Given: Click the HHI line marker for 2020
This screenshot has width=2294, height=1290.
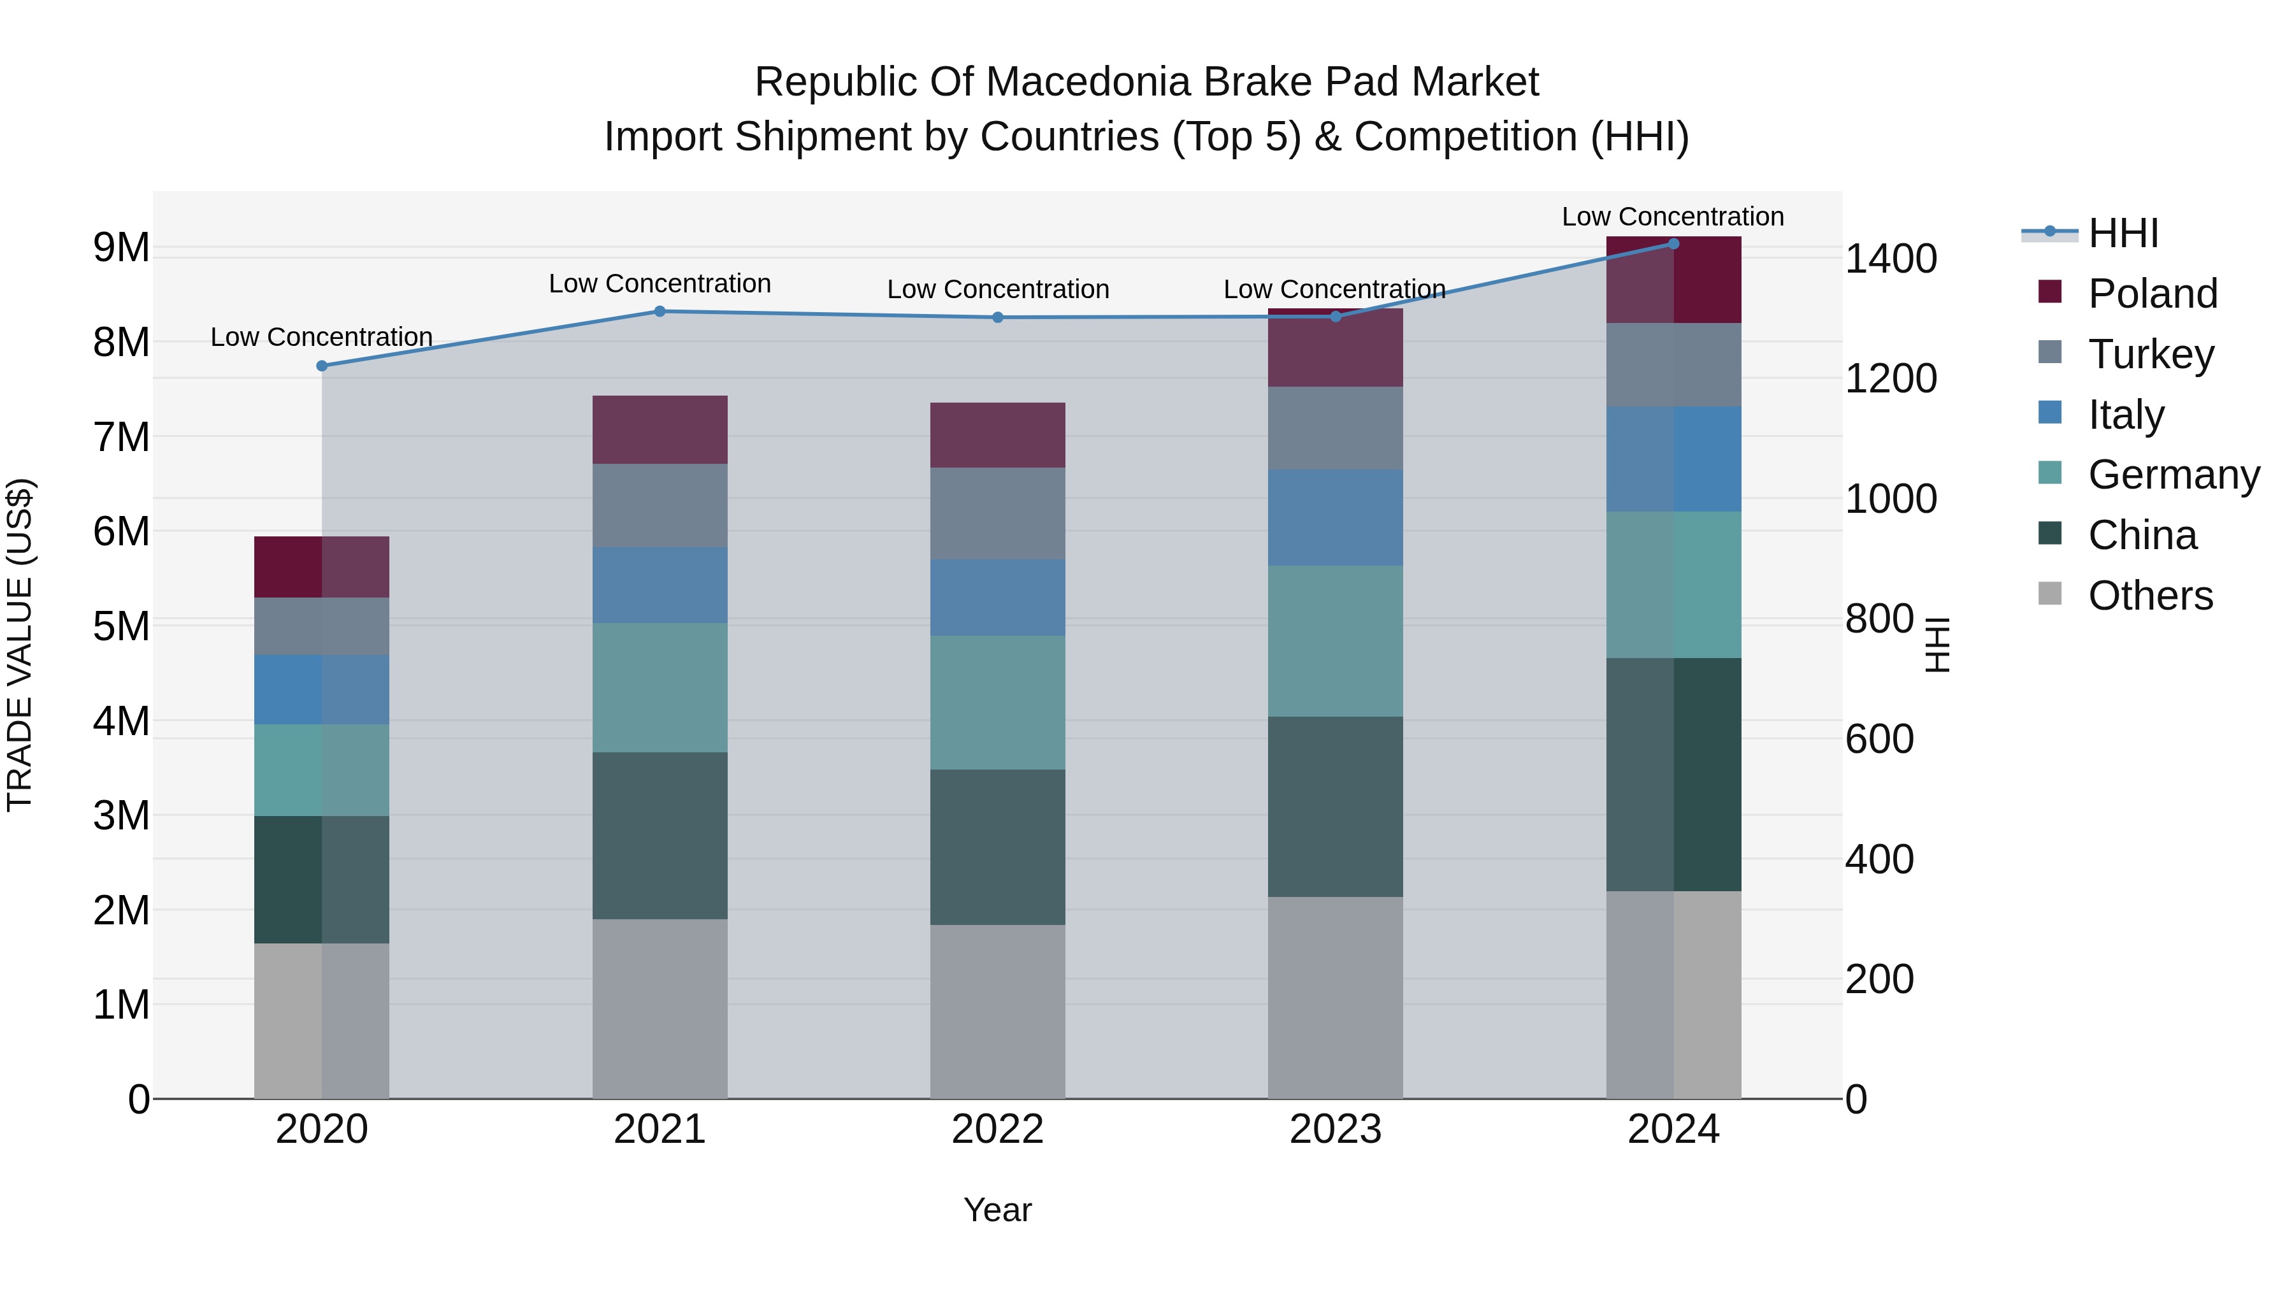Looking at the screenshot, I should coord(322,366).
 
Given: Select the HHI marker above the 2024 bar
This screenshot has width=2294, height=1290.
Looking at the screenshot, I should coord(1673,244).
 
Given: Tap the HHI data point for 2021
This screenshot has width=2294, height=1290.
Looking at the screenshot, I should coord(660,312).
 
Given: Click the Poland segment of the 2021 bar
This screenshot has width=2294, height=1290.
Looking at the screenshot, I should coord(660,430).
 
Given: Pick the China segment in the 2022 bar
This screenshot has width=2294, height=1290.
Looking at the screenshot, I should coord(997,847).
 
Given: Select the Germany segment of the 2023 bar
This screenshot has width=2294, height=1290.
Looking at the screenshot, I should coord(1335,641).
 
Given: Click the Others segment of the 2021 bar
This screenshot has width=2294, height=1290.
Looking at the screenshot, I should coord(660,1008).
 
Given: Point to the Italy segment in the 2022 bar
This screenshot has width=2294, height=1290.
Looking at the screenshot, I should coord(997,598).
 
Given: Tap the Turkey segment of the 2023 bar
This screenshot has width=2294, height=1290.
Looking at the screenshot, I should coord(1335,428).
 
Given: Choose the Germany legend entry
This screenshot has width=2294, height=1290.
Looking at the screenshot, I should coord(2173,475).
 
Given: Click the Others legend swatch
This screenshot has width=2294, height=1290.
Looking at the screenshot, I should coord(2050,594).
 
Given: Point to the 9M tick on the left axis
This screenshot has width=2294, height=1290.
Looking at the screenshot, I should coord(121,248).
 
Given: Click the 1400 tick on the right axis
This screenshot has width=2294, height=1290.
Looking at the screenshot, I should coord(1891,259).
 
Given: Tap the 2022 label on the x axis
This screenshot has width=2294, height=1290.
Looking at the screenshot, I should coord(997,1129).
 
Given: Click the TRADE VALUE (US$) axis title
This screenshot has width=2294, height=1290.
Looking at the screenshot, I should coord(20,645).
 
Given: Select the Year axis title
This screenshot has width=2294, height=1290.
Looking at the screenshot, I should coord(997,1210).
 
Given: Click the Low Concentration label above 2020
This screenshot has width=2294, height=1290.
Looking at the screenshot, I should coord(322,338).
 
